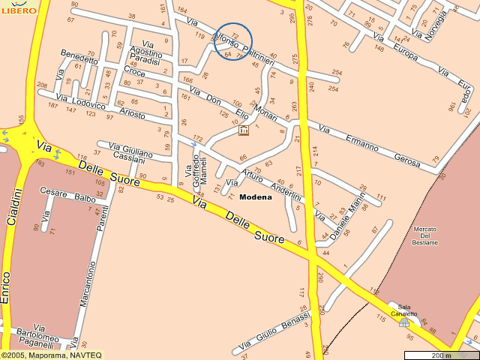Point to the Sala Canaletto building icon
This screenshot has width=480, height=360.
click(404, 322)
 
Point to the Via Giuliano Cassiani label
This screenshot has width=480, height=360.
click(129, 152)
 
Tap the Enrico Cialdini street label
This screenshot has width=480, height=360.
click(8, 247)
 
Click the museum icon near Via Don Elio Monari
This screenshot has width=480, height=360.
click(243, 130)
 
